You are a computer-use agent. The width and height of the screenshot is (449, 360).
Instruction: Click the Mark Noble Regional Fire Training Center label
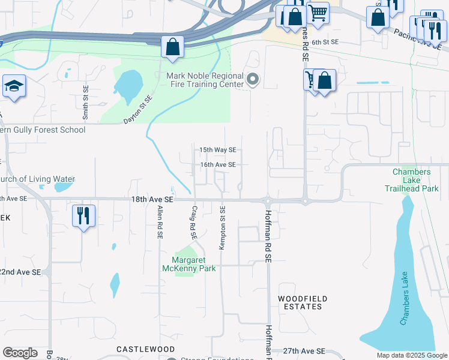(x=205, y=80)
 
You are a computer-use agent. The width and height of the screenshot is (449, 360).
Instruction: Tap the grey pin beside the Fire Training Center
(x=253, y=79)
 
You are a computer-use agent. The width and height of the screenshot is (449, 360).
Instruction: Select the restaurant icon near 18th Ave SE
(x=83, y=215)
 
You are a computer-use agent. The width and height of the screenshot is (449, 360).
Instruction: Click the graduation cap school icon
(x=14, y=86)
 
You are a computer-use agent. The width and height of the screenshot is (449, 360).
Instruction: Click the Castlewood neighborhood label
(x=137, y=349)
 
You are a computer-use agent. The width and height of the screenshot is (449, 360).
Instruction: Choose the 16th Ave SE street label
(x=218, y=164)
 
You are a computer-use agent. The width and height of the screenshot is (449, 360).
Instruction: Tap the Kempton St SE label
(x=223, y=227)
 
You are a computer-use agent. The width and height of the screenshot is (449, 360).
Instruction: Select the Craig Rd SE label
(x=194, y=223)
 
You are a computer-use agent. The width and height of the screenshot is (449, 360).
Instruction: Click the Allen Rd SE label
(x=160, y=223)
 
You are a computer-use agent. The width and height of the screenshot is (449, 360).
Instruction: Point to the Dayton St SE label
(x=139, y=109)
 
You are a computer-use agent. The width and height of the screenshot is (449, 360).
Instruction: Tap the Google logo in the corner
(x=20, y=353)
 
